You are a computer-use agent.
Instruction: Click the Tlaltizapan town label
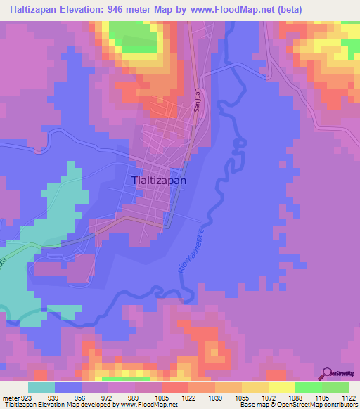(x=159, y=180)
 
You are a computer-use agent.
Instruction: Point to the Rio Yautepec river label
(x=187, y=252)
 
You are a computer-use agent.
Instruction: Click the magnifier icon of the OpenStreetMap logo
(x=327, y=372)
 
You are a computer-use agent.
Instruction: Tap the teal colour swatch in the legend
(x=41, y=387)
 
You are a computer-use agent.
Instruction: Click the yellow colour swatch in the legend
(x=281, y=387)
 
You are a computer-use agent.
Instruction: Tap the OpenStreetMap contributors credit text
(x=323, y=405)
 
